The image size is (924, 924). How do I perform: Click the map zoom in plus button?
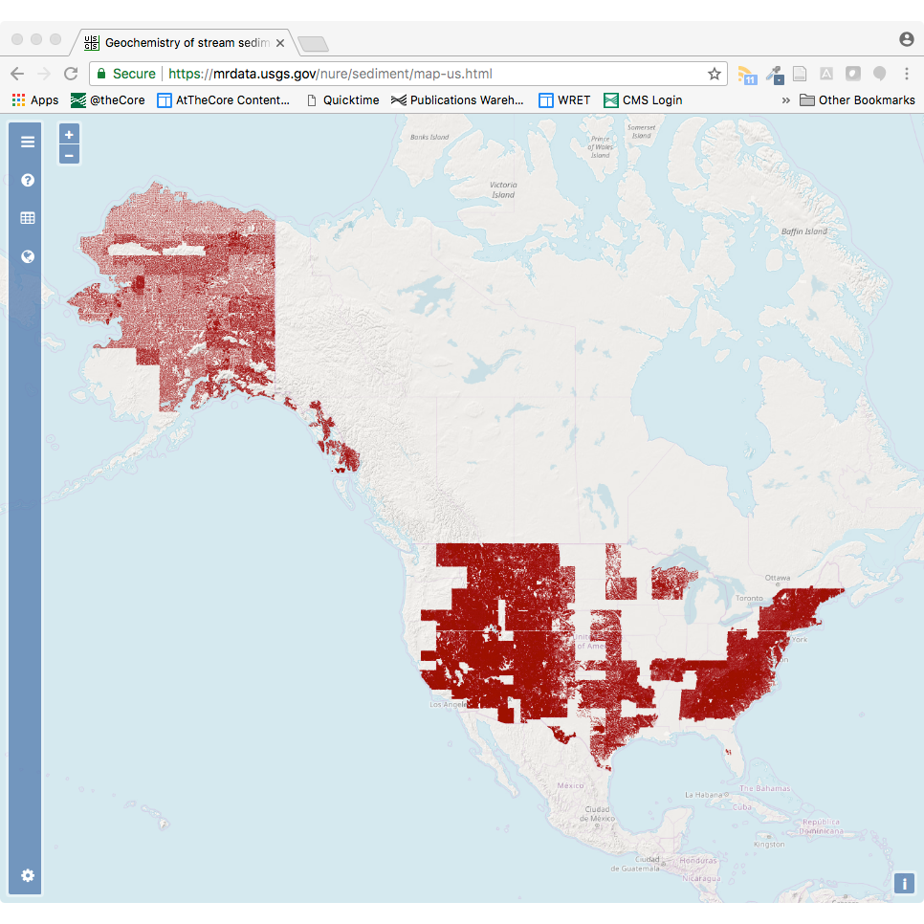(69, 135)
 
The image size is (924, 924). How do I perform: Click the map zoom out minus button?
(69, 155)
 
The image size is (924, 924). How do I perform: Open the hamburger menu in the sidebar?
(28, 142)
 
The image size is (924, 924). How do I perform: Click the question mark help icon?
(28, 180)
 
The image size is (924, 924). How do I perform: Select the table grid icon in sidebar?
(28, 218)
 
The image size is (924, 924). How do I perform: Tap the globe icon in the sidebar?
(28, 256)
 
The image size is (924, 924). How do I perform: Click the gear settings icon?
(28, 875)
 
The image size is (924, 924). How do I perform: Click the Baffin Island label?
(803, 231)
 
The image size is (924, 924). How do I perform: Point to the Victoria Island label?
(503, 189)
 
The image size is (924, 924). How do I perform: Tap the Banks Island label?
(429, 137)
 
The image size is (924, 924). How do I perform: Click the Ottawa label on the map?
(777, 578)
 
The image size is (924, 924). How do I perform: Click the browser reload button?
(71, 74)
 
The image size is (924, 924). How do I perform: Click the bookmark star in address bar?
(714, 74)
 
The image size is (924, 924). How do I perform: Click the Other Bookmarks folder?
(857, 100)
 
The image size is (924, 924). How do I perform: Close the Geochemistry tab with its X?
(280, 43)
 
